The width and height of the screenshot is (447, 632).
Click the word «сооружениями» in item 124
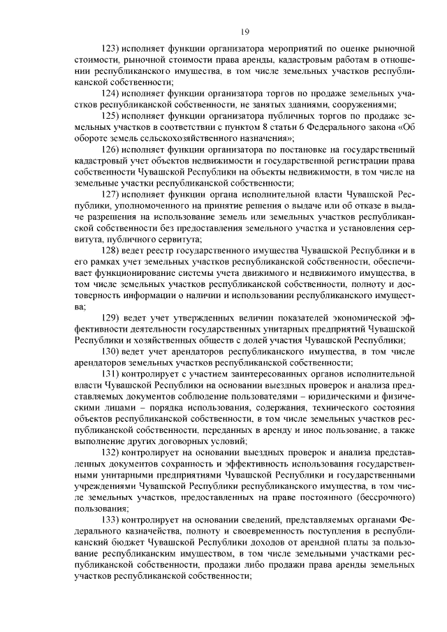359,105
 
